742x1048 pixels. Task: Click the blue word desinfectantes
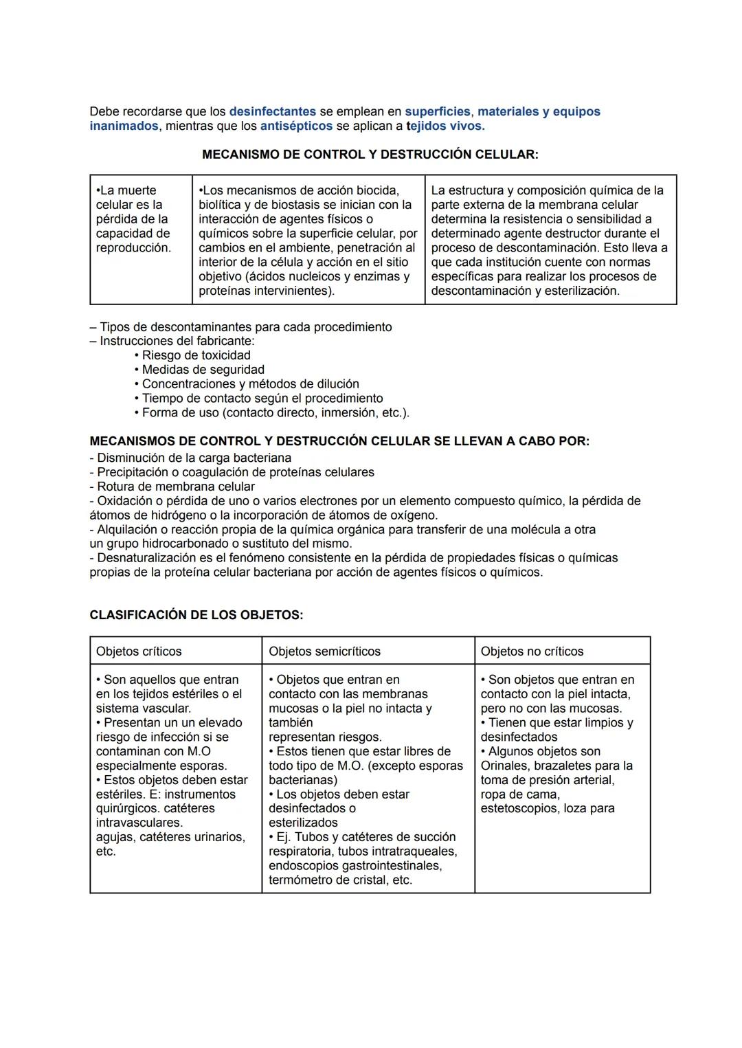(272, 111)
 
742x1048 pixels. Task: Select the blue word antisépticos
(296, 126)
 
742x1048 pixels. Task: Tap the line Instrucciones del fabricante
(177, 341)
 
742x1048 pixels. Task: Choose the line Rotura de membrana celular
(175, 487)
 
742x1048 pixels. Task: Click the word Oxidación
(126, 501)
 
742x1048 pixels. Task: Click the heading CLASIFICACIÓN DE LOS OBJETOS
(196, 615)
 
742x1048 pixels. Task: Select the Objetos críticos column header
(139, 651)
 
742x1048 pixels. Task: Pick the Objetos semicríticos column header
(324, 651)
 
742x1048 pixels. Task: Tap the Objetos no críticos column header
(532, 651)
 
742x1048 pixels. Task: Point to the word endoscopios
(303, 866)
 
